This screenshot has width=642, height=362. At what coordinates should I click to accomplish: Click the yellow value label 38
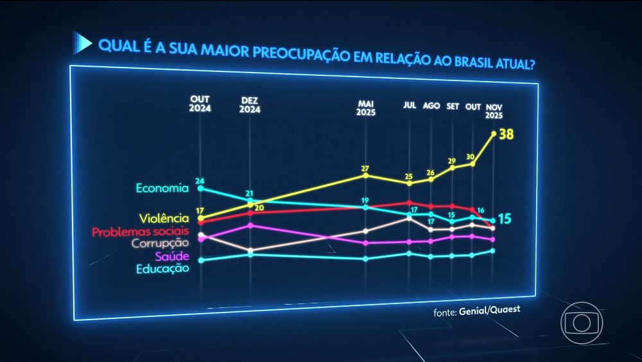coord(507,134)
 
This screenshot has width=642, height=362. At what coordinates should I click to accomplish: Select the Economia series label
coord(162,188)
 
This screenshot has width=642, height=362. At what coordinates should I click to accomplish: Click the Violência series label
coord(164,219)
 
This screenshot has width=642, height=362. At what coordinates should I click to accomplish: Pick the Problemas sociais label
coord(141,231)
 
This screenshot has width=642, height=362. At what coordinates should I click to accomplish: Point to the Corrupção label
coord(160,244)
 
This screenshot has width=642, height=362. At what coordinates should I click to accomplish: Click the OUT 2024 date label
coord(200,104)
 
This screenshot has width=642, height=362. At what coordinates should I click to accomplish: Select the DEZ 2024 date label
coord(250,105)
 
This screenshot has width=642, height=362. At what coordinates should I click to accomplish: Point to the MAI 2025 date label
coord(366,107)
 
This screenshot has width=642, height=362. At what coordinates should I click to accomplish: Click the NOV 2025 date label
coord(494,111)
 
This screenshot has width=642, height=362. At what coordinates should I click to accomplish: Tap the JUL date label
coord(409,105)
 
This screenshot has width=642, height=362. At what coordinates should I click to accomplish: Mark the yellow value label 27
coord(365,168)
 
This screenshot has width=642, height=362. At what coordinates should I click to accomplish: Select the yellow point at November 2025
coord(494,134)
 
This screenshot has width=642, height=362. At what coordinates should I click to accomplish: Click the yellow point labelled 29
coord(453,168)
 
